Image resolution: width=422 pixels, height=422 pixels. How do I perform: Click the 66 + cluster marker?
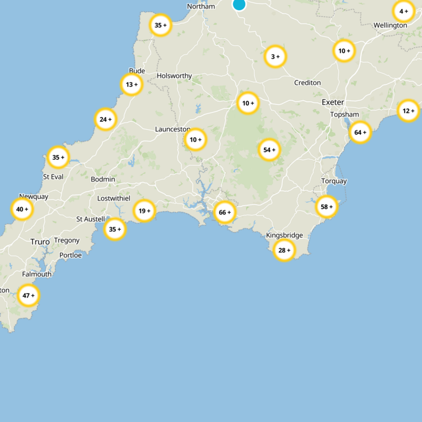click(225, 213)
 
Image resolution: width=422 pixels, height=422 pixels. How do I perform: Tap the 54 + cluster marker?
click(270, 150)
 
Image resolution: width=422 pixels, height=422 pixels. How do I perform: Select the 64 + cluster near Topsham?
click(360, 132)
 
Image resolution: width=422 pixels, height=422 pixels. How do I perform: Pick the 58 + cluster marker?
click(327, 207)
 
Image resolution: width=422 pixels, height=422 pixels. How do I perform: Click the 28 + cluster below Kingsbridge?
click(284, 250)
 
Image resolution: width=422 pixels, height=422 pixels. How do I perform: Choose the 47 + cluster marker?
click(28, 296)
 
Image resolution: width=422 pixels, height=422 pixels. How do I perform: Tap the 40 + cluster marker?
click(22, 209)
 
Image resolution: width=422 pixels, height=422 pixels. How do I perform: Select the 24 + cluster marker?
click(105, 119)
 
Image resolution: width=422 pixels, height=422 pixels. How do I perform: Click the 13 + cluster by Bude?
click(131, 84)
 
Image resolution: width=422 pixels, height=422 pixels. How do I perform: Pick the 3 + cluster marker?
click(275, 56)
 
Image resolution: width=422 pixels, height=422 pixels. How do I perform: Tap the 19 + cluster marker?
click(144, 211)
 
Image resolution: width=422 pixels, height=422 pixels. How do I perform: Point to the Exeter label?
click(332, 102)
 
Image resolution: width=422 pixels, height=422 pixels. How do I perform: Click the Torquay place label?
click(334, 181)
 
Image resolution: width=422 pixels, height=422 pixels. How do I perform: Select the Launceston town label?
click(172, 129)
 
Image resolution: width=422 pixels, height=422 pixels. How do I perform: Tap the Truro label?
click(40, 242)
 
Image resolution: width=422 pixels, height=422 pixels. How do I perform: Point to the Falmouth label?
click(37, 274)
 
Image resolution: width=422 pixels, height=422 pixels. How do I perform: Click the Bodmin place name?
click(103, 179)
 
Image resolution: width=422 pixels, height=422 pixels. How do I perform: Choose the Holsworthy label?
click(174, 76)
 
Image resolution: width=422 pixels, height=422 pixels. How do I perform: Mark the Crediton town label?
click(307, 83)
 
